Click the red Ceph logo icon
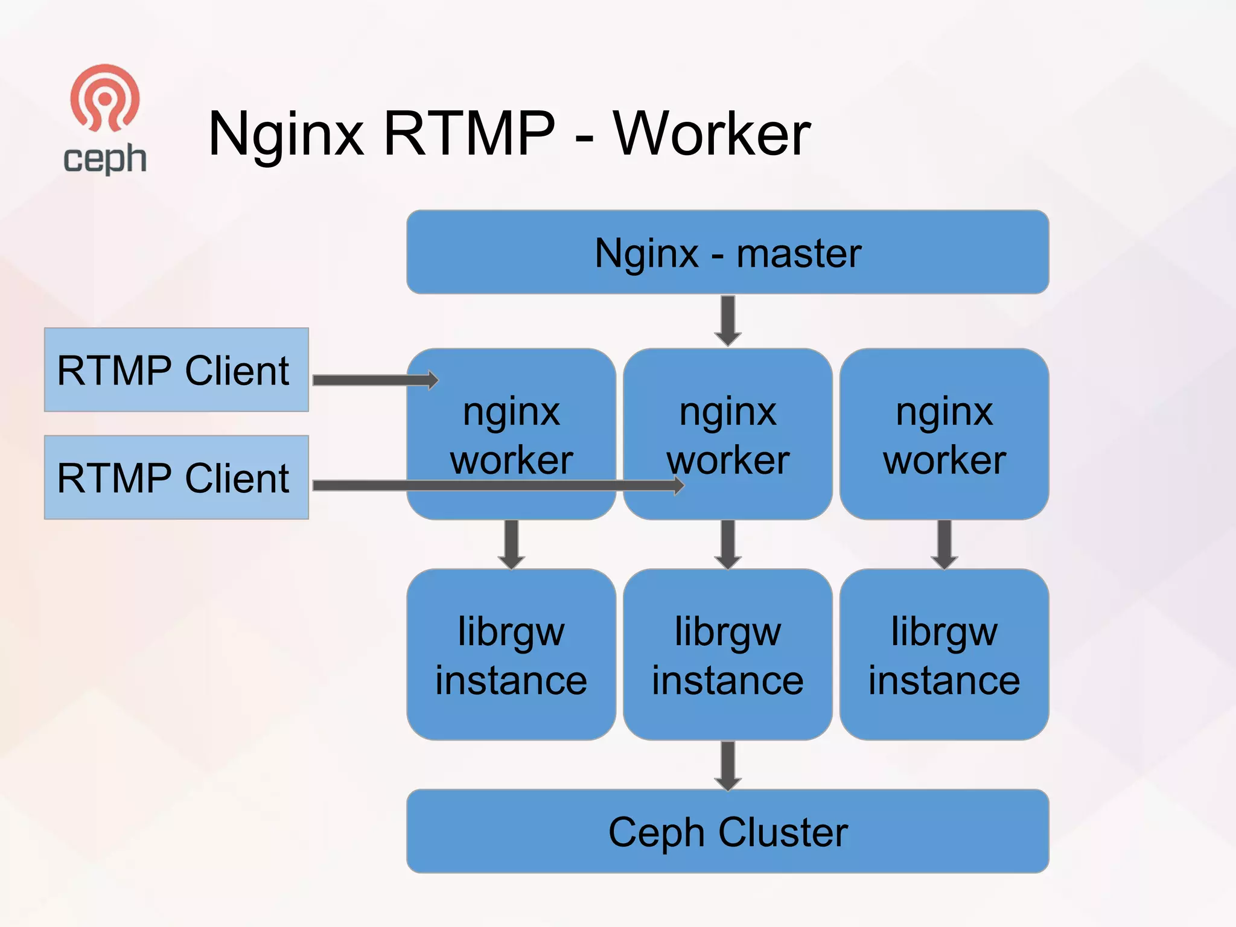point(105,98)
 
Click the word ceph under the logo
point(105,159)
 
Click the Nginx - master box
point(727,252)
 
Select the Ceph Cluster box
point(727,831)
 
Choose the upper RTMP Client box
point(176,370)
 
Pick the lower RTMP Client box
point(176,477)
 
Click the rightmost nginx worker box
point(944,434)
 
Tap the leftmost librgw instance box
point(511,654)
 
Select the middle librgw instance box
point(727,654)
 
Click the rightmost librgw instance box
point(944,654)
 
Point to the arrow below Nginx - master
point(728,320)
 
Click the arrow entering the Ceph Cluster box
point(728,765)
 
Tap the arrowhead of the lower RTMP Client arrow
point(679,485)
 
